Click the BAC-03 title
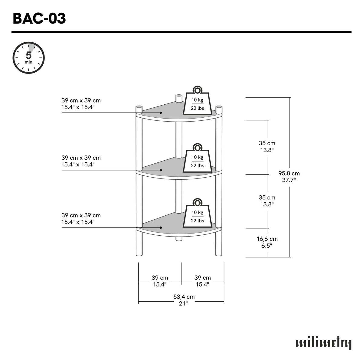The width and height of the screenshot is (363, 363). [x=39, y=18]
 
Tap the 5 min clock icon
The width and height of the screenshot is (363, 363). [x=29, y=58]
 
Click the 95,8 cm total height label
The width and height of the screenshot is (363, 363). [x=289, y=176]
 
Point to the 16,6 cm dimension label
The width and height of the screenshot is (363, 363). [x=267, y=242]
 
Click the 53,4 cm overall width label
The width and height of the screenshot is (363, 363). [x=184, y=300]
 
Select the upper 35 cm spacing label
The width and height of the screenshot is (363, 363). [x=267, y=146]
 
